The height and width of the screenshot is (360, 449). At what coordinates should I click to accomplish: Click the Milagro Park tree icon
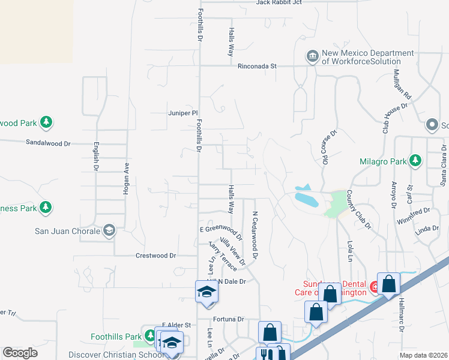(415, 160)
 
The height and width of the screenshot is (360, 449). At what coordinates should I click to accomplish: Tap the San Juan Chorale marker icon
(109, 230)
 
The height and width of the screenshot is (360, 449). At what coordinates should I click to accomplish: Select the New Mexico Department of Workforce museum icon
(312, 57)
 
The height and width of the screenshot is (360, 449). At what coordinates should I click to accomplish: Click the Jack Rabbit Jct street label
(279, 2)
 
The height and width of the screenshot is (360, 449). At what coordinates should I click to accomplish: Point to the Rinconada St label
(257, 66)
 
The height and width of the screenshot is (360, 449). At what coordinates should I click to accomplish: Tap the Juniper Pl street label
(182, 112)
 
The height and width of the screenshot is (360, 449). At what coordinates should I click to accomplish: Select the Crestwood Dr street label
(155, 256)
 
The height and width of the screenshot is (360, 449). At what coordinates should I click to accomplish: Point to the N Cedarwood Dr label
(255, 235)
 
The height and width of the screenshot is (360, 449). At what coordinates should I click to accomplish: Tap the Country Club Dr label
(360, 210)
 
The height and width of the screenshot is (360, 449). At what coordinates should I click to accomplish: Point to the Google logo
(20, 353)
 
